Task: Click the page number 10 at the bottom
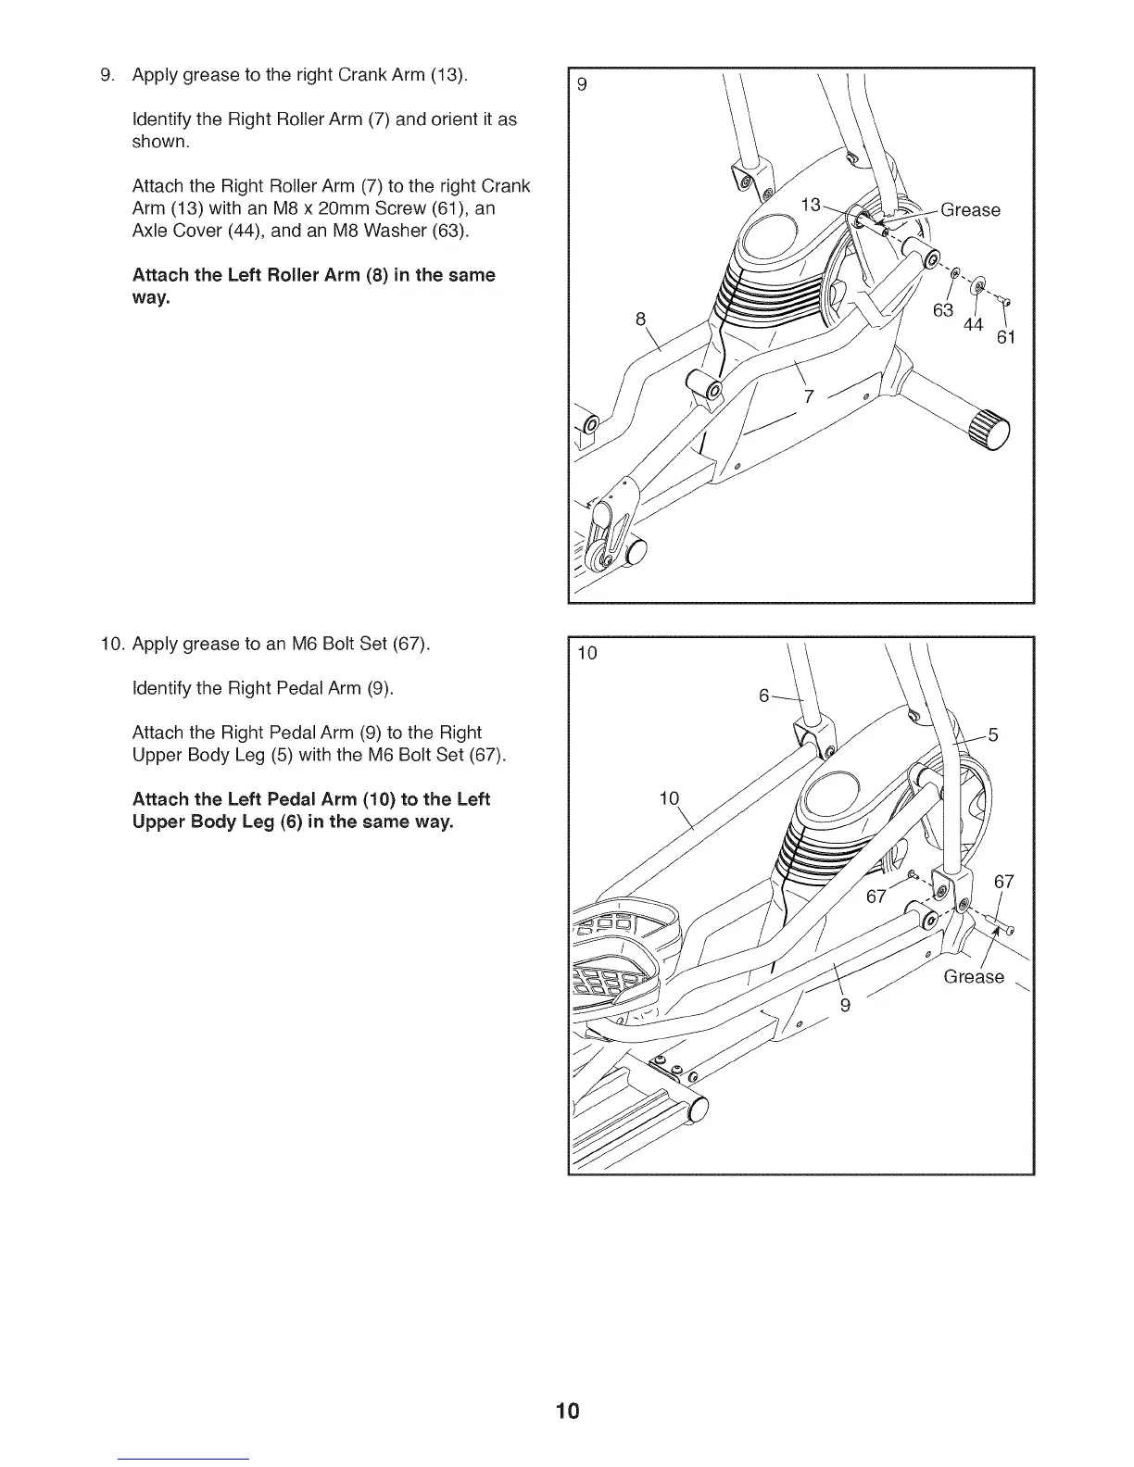567,1411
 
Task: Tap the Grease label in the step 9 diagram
970,210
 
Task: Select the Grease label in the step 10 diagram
973,977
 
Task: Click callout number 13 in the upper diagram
811,205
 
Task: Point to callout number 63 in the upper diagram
943,310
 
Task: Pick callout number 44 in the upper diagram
973,324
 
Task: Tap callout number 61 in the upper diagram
1006,337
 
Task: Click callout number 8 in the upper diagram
639,320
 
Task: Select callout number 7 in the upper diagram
809,397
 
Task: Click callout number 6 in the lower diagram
764,696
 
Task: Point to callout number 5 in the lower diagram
993,736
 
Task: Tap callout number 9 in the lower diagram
845,1006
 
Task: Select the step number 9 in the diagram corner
582,85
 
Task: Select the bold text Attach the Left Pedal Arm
311,799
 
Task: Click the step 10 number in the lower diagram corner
588,654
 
